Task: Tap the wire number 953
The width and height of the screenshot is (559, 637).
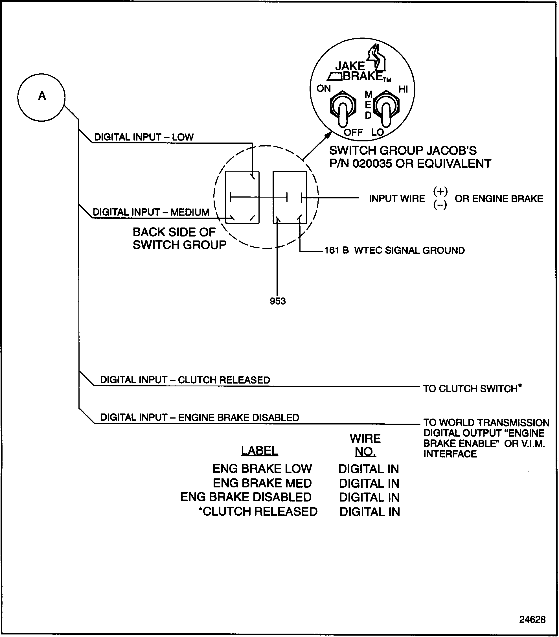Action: point(278,301)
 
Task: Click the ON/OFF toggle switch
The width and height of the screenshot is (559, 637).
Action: point(343,109)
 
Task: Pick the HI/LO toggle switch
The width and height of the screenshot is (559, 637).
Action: point(386,109)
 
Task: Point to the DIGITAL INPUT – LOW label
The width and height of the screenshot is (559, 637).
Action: point(144,137)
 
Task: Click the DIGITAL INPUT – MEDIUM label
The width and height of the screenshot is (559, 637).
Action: point(151,212)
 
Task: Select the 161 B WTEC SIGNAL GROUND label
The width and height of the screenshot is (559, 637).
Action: point(394,250)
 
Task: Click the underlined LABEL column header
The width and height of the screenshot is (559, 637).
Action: point(260,451)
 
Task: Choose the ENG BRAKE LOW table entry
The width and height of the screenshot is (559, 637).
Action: point(262,469)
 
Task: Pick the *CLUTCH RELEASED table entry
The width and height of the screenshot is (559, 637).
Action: point(258,511)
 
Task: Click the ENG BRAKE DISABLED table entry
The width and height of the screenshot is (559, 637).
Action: point(246,497)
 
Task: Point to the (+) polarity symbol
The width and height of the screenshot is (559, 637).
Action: point(440,191)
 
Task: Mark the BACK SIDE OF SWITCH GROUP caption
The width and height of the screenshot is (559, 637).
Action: point(179,238)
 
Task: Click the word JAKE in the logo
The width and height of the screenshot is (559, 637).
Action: point(350,66)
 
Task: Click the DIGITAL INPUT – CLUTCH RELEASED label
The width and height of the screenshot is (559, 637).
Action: point(185,380)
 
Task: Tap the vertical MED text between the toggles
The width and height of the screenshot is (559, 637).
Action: point(368,105)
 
